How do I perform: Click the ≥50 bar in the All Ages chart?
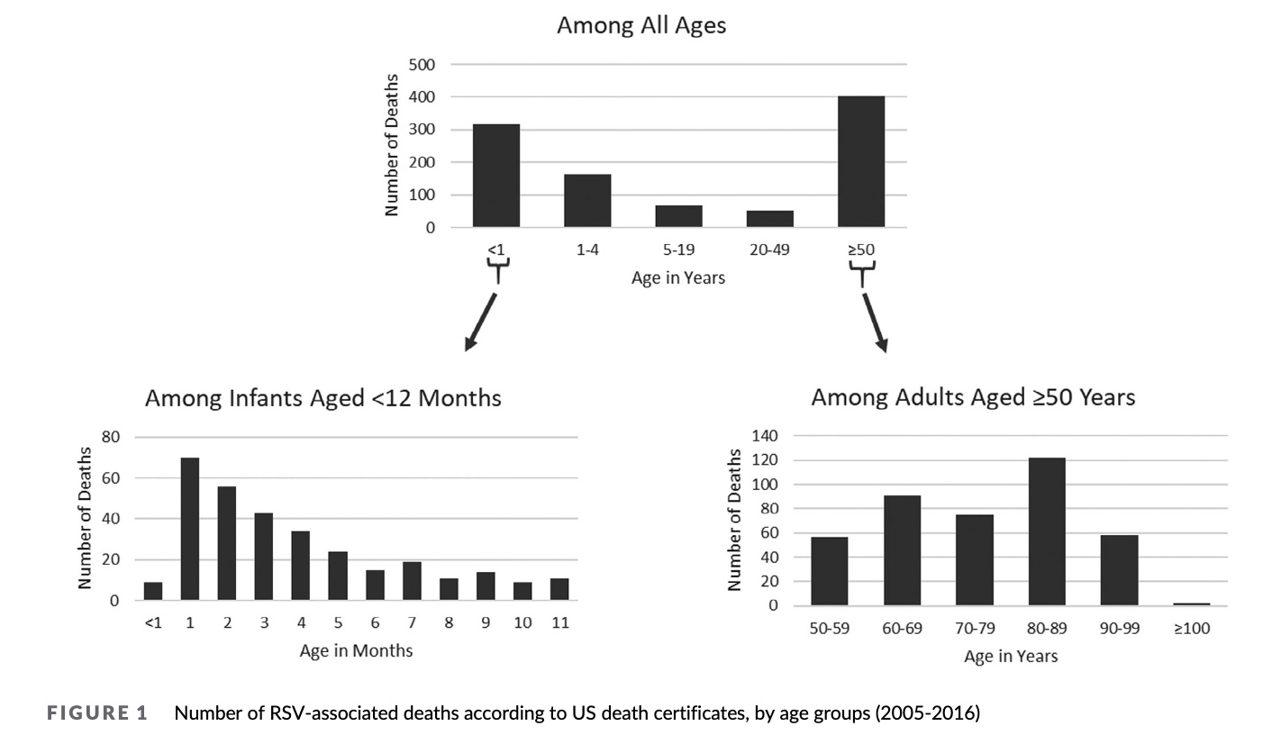click(x=860, y=161)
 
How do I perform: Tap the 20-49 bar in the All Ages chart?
click(x=769, y=218)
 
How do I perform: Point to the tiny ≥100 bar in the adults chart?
click(x=1192, y=603)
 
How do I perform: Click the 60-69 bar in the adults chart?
click(x=902, y=550)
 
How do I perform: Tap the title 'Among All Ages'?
click(x=640, y=25)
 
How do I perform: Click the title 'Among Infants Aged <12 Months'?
click(x=323, y=397)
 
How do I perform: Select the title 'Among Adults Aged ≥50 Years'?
click(x=973, y=397)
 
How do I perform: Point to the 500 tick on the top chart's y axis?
click(x=422, y=64)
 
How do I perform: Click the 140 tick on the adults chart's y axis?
click(x=765, y=436)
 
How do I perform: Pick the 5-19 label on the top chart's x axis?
click(x=678, y=250)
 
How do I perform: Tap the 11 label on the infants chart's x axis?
click(x=559, y=623)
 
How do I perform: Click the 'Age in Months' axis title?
click(x=356, y=650)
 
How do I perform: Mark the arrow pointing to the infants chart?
click(x=481, y=321)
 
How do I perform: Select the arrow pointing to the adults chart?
click(x=874, y=321)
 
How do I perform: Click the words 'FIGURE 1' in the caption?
click(x=96, y=714)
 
